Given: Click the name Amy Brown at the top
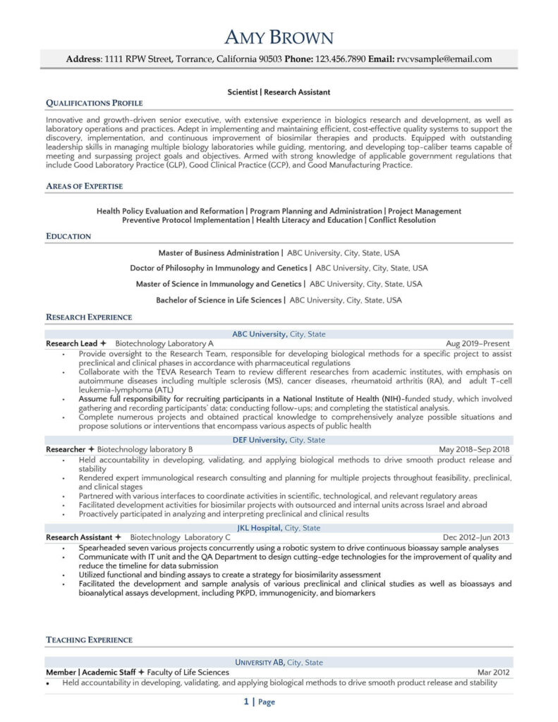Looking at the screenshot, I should (x=279, y=37).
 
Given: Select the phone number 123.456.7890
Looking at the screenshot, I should (x=340, y=59).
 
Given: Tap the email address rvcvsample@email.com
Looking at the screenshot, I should (x=444, y=59).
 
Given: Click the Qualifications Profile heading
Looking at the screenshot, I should (x=94, y=103).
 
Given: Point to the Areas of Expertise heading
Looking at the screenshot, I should (x=85, y=186).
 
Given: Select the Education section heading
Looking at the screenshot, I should (x=68, y=236).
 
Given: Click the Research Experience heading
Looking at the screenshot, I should (x=89, y=317).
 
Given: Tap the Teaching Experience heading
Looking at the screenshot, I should (x=89, y=640).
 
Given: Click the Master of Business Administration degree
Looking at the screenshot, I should (x=219, y=252).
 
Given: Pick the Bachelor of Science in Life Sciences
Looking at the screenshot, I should (x=219, y=300).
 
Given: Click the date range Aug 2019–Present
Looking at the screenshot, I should (x=478, y=343).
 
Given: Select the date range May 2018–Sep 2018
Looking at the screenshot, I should (x=474, y=449).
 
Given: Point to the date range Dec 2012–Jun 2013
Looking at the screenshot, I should (x=476, y=537).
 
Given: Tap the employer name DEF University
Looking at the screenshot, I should (x=259, y=440).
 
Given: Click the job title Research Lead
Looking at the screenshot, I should (x=72, y=343).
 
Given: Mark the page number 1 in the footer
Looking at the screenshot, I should (x=246, y=702).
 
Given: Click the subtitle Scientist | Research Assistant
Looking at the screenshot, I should (x=279, y=92).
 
